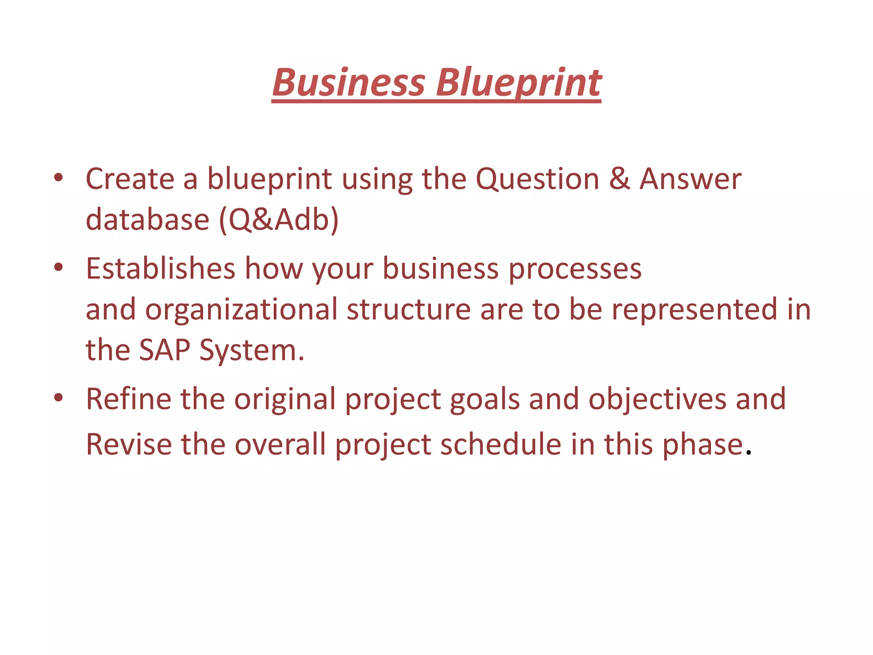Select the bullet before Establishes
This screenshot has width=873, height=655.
59,267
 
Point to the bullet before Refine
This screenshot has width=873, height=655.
59,398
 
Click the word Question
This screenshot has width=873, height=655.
537,179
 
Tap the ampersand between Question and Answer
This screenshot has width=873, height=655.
619,179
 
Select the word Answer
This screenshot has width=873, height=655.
691,179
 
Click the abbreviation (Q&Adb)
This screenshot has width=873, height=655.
279,220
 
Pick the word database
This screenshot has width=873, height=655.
147,220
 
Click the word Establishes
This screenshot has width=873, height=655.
160,269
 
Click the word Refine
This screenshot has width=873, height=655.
128,399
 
